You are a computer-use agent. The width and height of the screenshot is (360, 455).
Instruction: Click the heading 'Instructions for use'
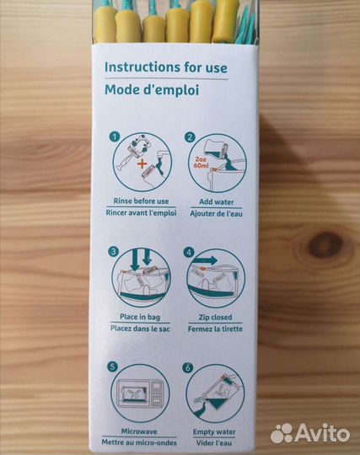[x=166, y=67]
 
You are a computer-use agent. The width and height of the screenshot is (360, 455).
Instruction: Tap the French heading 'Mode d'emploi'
[x=152, y=89]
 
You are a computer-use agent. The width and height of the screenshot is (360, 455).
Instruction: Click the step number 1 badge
[x=115, y=136]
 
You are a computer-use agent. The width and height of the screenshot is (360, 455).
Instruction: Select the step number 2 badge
[x=190, y=137]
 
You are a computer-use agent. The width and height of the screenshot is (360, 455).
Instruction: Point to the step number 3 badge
[x=113, y=251]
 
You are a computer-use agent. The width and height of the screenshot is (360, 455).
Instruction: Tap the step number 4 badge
[x=189, y=252]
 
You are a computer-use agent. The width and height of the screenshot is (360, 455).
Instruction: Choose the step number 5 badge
[x=112, y=367]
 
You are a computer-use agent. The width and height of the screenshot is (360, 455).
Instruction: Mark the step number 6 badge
[x=187, y=367]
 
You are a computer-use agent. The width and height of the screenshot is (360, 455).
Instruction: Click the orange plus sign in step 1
[x=142, y=164]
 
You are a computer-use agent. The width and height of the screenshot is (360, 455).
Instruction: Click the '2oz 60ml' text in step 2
[x=201, y=163]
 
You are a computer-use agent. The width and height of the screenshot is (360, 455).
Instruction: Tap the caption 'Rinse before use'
[x=141, y=201]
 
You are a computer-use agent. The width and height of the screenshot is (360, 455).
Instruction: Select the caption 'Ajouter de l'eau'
[x=217, y=214]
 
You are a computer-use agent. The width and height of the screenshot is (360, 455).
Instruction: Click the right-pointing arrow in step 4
[x=206, y=260]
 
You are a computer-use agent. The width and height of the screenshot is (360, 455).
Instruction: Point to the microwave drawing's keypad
[x=156, y=393]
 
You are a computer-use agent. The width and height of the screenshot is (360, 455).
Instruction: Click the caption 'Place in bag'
[x=140, y=317]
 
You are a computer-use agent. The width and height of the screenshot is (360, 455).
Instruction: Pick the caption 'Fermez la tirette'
[x=215, y=329]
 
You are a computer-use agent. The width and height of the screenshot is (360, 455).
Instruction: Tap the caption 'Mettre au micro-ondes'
[x=139, y=442]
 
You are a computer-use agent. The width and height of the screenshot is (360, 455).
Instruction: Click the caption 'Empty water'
[x=214, y=431]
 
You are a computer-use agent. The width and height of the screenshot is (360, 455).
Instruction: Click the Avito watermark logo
[x=310, y=434]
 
